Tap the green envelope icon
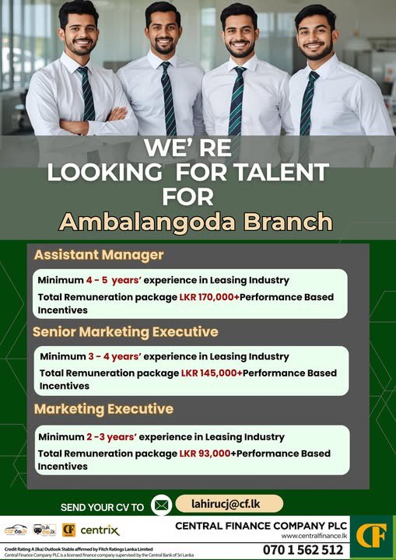coord(161,506)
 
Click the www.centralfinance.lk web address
coord(313,536)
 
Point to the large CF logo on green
coord(373,537)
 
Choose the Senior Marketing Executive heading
coord(125,332)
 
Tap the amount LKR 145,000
coord(211,373)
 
